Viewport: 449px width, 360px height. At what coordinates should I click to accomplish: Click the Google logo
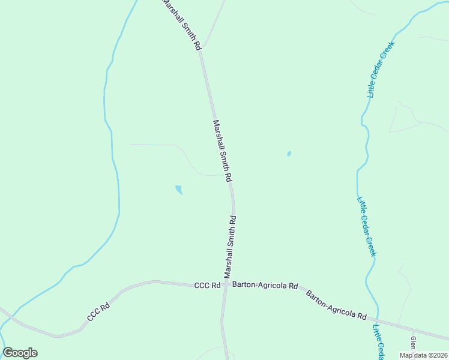click(x=20, y=353)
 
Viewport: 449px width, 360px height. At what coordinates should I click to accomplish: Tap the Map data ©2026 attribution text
click(x=423, y=355)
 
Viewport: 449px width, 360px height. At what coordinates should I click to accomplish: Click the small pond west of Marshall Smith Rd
click(x=178, y=190)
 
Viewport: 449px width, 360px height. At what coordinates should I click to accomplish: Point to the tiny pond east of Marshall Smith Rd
click(x=289, y=154)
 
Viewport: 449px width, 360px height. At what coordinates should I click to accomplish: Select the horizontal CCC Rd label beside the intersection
click(x=207, y=286)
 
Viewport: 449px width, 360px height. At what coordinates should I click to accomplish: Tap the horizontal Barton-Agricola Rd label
click(x=265, y=286)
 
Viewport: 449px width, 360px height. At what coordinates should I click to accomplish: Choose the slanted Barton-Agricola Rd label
click(x=336, y=304)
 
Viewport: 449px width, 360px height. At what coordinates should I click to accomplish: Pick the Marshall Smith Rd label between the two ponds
click(x=222, y=151)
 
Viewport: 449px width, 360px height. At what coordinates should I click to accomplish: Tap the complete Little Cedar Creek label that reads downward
click(x=366, y=226)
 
